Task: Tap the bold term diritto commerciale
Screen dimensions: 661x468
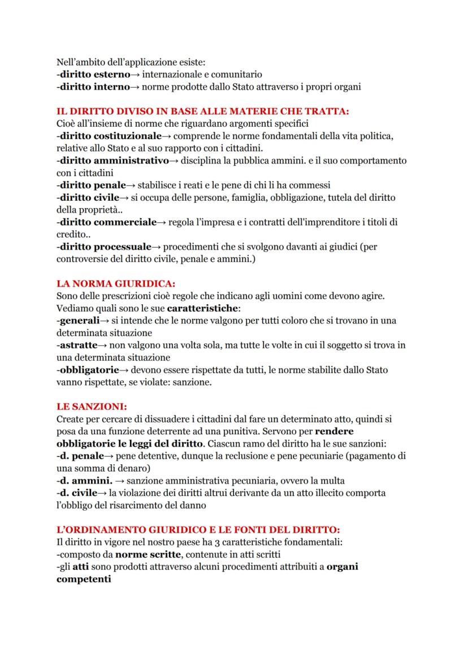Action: (x=108, y=222)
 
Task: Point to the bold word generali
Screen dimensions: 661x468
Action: (x=80, y=320)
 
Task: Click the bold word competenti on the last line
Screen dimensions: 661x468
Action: (x=84, y=580)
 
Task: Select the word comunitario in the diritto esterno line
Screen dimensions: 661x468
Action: (x=234, y=74)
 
